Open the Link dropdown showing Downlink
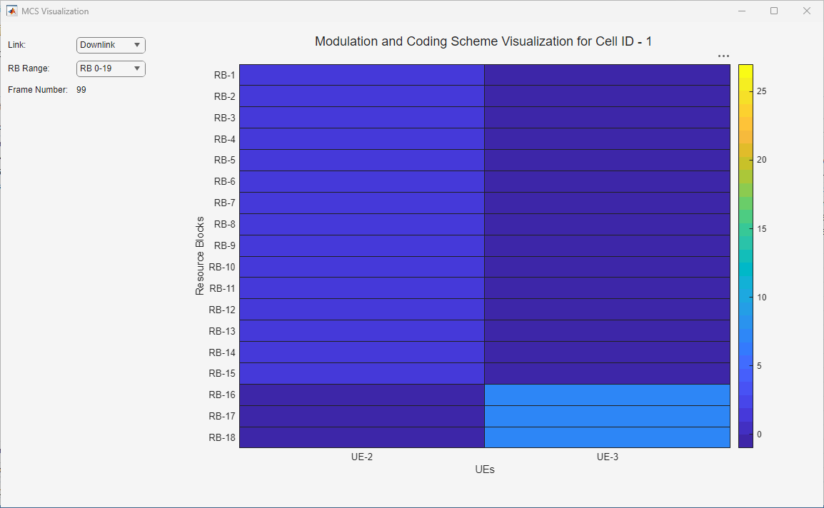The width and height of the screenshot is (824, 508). pyautogui.click(x=111, y=45)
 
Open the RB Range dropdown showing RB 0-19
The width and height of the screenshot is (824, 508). pyautogui.click(x=111, y=68)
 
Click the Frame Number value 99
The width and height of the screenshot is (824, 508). pyautogui.click(x=81, y=90)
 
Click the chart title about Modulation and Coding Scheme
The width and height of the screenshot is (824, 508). pyautogui.click(x=483, y=41)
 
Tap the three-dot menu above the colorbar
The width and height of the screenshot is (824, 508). pyautogui.click(x=723, y=56)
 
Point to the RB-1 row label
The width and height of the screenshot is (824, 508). pyautogui.click(x=224, y=75)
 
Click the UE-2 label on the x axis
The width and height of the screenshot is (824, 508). pyautogui.click(x=362, y=457)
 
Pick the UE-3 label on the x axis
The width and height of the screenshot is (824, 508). pyautogui.click(x=608, y=457)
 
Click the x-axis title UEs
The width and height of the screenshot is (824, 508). pyautogui.click(x=485, y=469)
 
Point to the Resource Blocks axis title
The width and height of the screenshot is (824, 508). pyautogui.click(x=200, y=255)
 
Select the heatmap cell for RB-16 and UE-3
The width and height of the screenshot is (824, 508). pyautogui.click(x=608, y=395)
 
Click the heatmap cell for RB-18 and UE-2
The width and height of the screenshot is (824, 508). pyautogui.click(x=362, y=437)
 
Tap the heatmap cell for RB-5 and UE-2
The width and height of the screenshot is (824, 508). pyautogui.click(x=362, y=160)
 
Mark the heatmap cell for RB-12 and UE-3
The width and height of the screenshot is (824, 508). pyautogui.click(x=608, y=309)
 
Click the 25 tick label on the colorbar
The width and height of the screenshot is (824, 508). pyautogui.click(x=761, y=91)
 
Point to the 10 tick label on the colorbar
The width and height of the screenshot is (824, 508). pyautogui.click(x=761, y=298)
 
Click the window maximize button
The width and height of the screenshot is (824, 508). pyautogui.click(x=774, y=11)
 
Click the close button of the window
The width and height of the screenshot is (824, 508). pyautogui.click(x=807, y=11)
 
